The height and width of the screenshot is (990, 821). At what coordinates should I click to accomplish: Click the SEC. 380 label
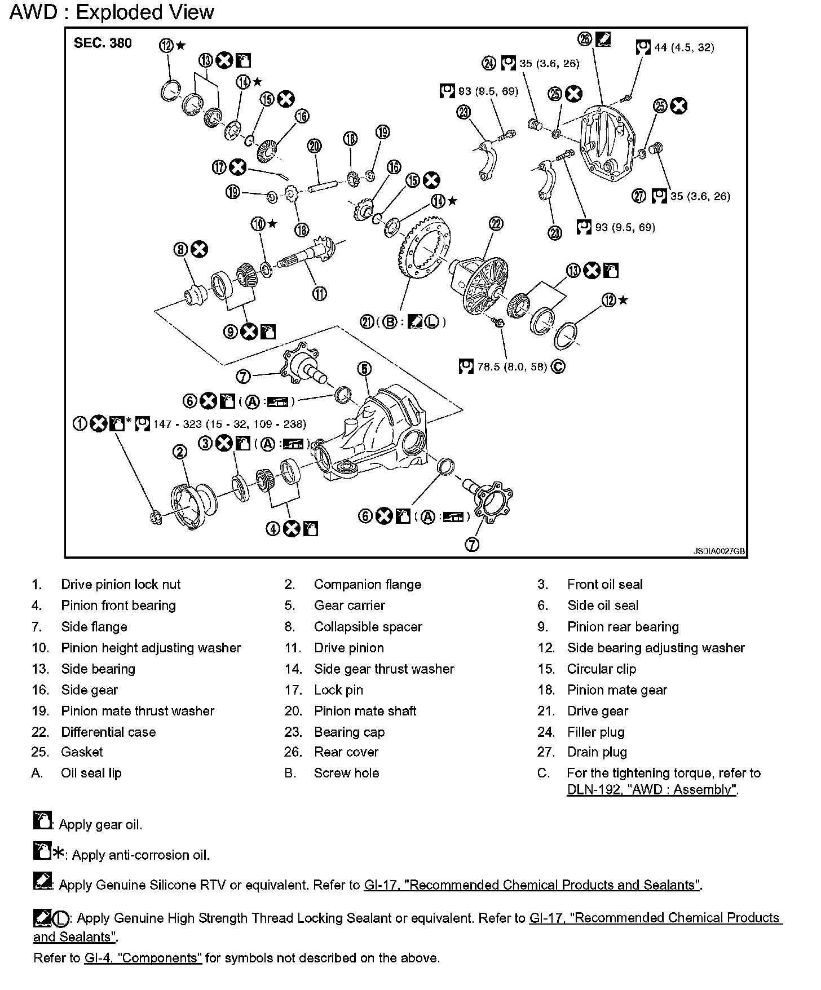(103, 43)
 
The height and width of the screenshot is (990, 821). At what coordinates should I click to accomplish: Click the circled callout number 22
(496, 224)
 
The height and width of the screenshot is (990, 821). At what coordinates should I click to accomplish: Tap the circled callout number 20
(314, 146)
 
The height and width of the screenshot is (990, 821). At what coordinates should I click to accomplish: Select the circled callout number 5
(364, 369)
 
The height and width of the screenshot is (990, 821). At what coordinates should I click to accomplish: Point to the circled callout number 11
(320, 293)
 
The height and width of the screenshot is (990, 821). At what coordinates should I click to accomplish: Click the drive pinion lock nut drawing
(156, 516)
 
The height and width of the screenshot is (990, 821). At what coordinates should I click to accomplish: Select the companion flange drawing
(192, 505)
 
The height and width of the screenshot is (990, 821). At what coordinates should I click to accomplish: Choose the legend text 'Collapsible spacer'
(368, 626)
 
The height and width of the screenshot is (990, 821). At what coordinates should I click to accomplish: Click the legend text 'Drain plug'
(597, 752)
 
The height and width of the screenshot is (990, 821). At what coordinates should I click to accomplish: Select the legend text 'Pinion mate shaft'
(365, 710)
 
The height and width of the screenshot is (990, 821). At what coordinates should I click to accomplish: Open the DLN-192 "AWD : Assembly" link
(652, 789)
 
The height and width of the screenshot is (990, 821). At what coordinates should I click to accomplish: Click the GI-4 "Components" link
(143, 957)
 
